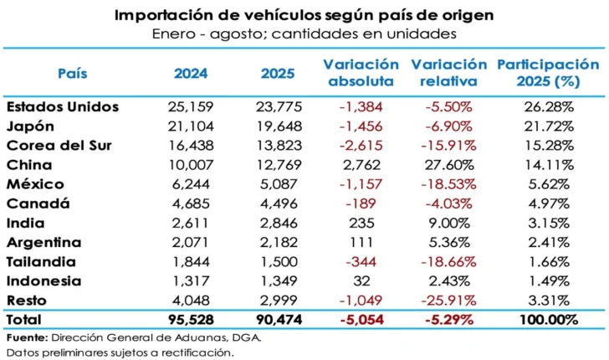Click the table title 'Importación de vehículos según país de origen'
coord(304,14)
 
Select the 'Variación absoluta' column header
coord(361,73)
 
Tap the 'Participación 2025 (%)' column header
coord(548,73)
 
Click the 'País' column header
coord(72,73)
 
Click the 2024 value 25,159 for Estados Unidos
coord(191,107)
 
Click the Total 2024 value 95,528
coord(191,320)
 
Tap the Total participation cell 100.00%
coord(549,320)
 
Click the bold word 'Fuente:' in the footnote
coord(26,337)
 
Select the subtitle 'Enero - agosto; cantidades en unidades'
coord(304,33)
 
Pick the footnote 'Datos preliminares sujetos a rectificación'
coord(120,352)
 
